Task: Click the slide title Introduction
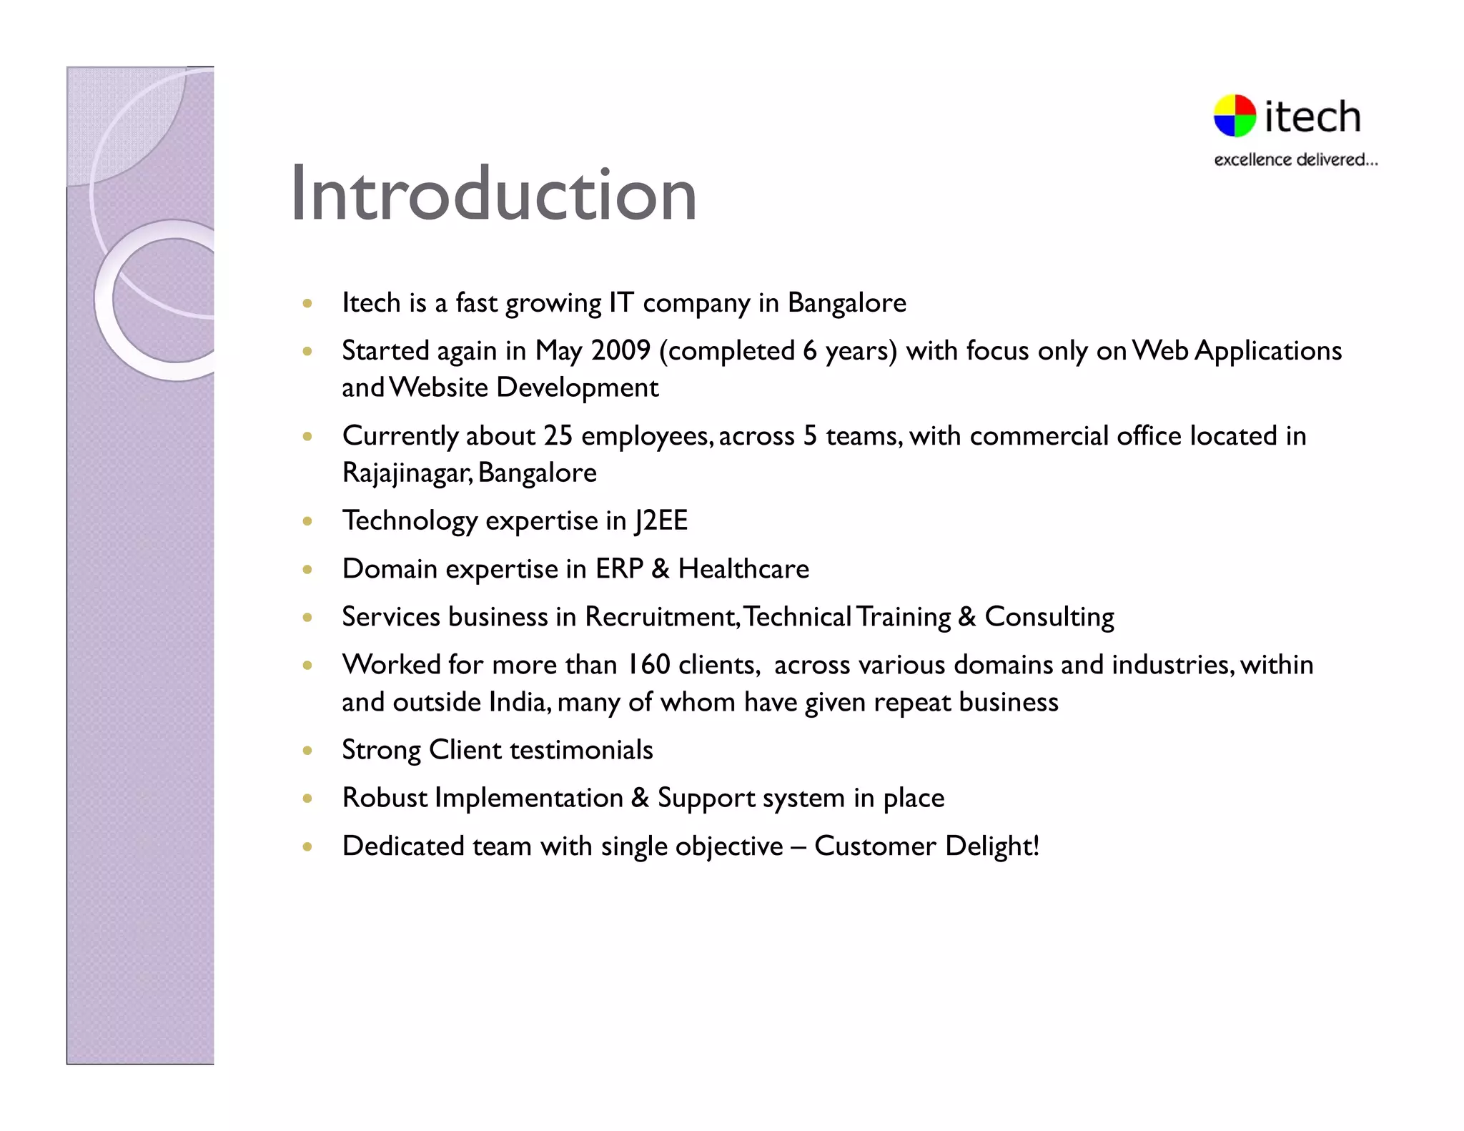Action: pos(493,194)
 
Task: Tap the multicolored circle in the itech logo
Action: pos(1235,116)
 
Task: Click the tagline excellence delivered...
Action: pos(1295,160)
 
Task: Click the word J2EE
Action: pos(661,520)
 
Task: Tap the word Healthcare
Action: pos(743,569)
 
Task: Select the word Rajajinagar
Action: pos(405,473)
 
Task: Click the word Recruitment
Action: pos(661,617)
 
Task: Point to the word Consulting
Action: pos(1049,617)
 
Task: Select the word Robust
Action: pos(385,798)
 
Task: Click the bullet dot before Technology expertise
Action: pos(307,521)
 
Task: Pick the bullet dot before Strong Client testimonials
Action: pos(307,751)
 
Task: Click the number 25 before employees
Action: pos(558,436)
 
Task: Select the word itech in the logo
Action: pos(1312,117)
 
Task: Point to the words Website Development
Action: pos(525,388)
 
